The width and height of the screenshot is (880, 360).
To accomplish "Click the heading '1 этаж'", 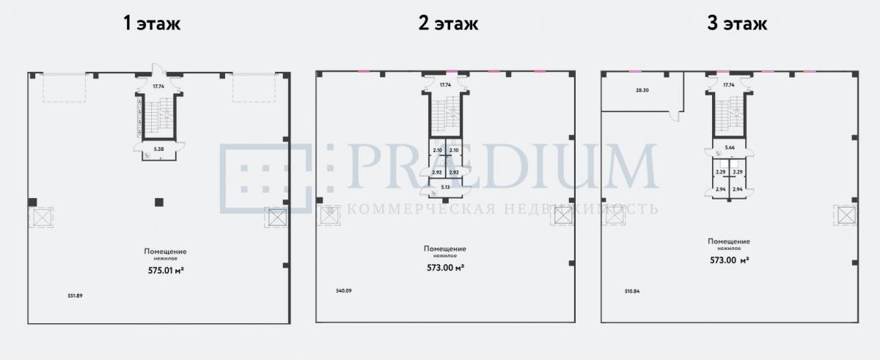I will click(151, 23).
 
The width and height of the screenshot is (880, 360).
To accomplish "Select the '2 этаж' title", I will click(447, 23).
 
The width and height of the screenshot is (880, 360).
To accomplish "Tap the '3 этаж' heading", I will click(737, 23).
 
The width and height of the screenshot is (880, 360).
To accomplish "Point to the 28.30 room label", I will click(642, 91).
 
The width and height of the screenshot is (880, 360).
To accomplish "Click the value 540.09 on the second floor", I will click(343, 291).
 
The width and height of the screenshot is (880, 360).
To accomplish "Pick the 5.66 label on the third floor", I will click(729, 147).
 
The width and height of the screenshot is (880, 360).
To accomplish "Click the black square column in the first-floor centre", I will click(158, 202).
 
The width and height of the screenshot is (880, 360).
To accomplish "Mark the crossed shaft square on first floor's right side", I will click(276, 218).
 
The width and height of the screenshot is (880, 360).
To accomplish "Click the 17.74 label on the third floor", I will click(728, 85).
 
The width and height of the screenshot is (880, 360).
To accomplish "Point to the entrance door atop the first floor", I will click(157, 72).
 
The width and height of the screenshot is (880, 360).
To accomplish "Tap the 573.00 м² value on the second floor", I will click(444, 267).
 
